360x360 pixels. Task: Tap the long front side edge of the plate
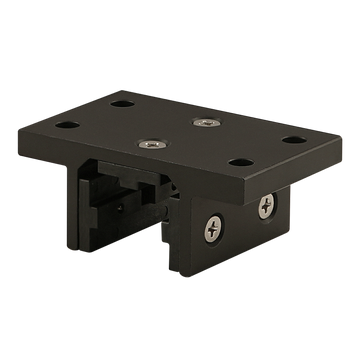point(150,164)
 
